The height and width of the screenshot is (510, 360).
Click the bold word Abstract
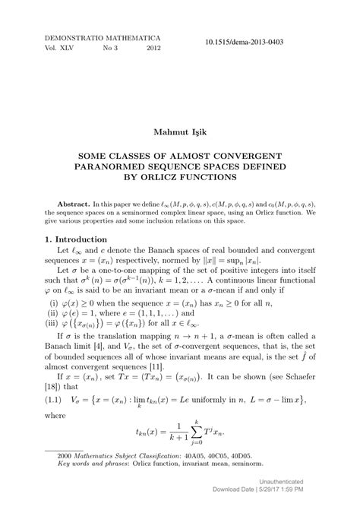(74, 206)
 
